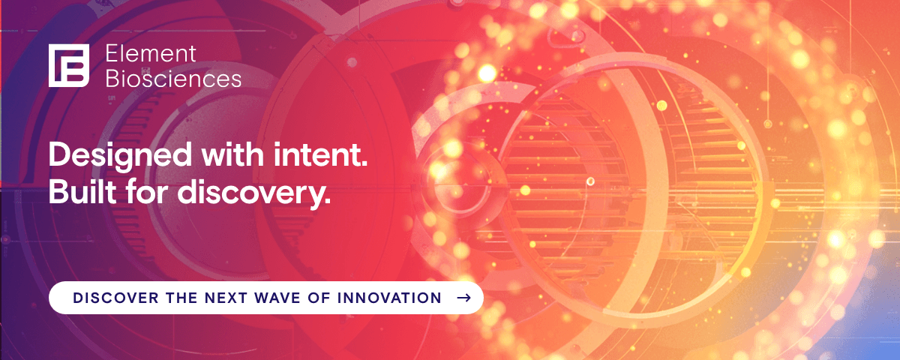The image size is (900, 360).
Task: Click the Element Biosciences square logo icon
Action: pyautogui.click(x=69, y=65)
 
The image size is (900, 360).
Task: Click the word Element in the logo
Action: pyautogui.click(x=151, y=53)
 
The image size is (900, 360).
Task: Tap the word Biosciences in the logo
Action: pyautogui.click(x=173, y=78)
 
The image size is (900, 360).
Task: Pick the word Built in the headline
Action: pyautogui.click(x=77, y=192)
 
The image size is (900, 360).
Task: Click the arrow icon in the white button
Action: pyautogui.click(x=463, y=298)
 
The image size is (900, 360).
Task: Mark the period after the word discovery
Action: pyautogui.click(x=326, y=202)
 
